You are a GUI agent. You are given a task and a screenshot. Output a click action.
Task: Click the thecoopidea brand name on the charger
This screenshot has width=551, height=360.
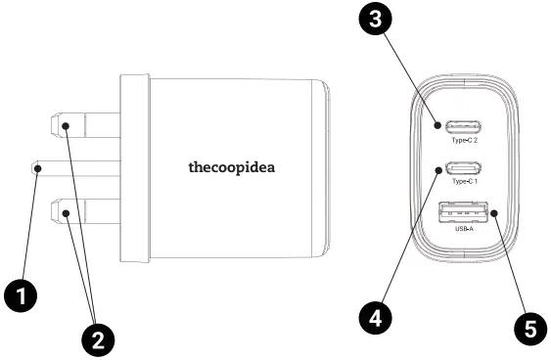coord(232,166)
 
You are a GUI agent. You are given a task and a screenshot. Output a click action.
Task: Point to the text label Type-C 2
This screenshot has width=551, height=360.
coord(466,143)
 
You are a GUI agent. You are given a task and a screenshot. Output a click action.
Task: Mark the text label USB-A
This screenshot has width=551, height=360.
coord(466,230)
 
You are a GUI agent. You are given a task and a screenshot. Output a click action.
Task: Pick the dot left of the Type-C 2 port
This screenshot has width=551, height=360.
coord(436,125)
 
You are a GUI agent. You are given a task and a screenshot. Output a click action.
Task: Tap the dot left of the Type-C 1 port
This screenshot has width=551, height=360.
coord(436,170)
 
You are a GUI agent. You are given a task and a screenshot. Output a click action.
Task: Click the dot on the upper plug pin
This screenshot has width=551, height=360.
coord(64,125)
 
